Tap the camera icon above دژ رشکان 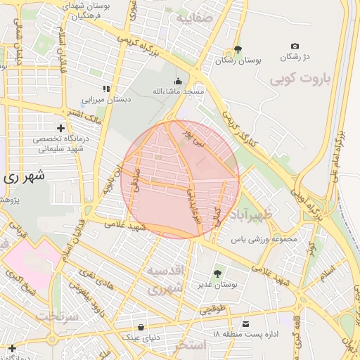[295, 46]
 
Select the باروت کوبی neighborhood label [300, 78]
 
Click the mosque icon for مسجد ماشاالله [178, 81]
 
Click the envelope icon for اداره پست [245, 323]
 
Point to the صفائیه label [194, 19]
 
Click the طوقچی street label [213, 308]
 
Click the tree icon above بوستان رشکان [238, 50]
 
